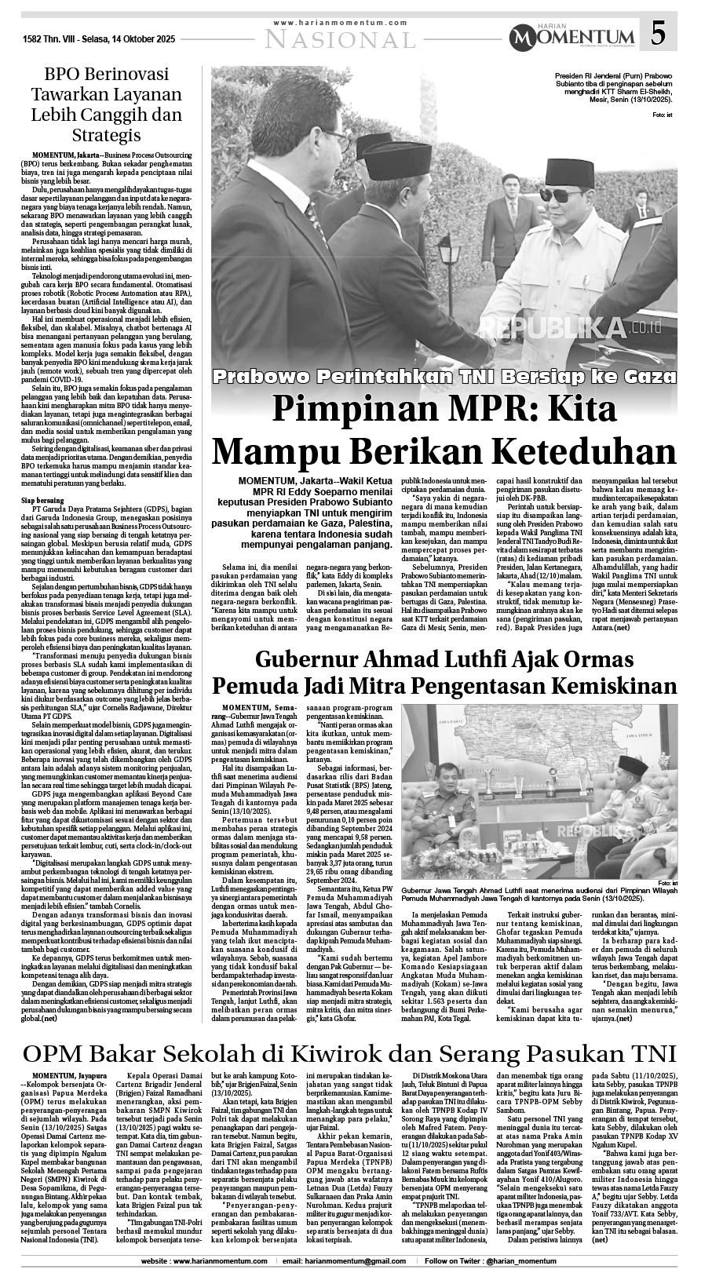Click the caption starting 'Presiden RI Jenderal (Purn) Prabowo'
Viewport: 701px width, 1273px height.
click(619, 90)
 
